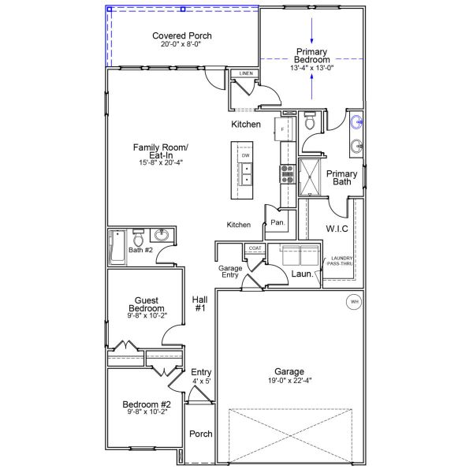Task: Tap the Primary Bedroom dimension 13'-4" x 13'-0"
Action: tap(312, 68)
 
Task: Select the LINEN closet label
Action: tap(245, 74)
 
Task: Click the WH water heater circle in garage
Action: tap(354, 300)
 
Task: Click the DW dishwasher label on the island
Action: tap(246, 155)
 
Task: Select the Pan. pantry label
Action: tap(277, 223)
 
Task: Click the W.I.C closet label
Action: tap(337, 229)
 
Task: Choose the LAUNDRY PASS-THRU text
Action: tap(341, 261)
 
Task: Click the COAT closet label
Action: tap(255, 248)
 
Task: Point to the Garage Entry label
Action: tap(229, 272)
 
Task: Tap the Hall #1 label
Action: tap(199, 303)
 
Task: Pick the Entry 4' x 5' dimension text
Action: tap(201, 381)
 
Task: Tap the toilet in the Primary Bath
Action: tap(310, 122)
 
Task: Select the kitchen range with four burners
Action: tap(286, 173)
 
